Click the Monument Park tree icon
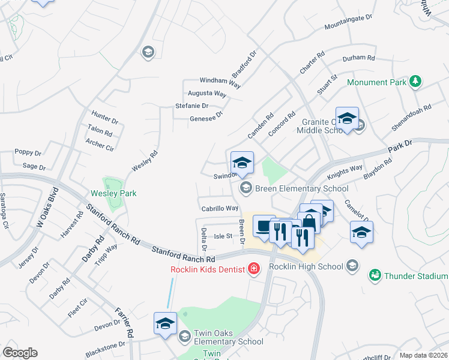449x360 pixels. pos(415,81)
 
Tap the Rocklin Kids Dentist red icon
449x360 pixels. pos(254,268)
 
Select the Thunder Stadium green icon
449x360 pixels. pos(375,275)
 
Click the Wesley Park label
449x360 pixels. pos(113,193)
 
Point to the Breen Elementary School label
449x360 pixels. pos(302,188)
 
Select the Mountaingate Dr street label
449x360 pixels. pos(348,23)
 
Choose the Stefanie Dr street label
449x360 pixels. pos(191,106)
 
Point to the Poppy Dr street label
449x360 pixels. pos(28,152)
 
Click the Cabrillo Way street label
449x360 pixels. pos(220,208)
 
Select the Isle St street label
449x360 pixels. pos(223,236)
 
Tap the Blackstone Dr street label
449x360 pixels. pos(105,350)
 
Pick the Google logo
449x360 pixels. pos(20,353)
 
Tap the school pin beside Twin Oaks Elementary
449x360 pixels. pos(165,325)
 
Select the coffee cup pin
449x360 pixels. pos(264,227)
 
